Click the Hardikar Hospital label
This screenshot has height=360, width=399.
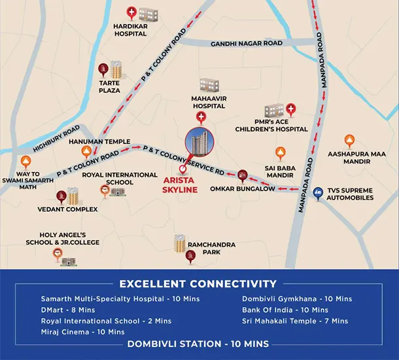tap(131, 30)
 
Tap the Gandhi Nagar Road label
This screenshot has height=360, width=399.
tap(247, 44)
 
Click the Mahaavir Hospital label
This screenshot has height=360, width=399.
tap(209, 102)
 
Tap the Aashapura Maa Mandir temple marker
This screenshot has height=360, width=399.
tap(349, 141)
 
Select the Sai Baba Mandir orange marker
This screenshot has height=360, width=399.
tap(281, 154)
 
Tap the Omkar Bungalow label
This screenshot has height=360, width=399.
tap(243, 189)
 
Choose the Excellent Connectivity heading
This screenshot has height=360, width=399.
tap(198, 283)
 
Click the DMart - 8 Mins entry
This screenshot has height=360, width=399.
tap(68, 310)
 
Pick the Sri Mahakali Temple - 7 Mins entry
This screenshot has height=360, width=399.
tap(295, 321)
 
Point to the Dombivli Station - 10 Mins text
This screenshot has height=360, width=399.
tap(199, 344)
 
